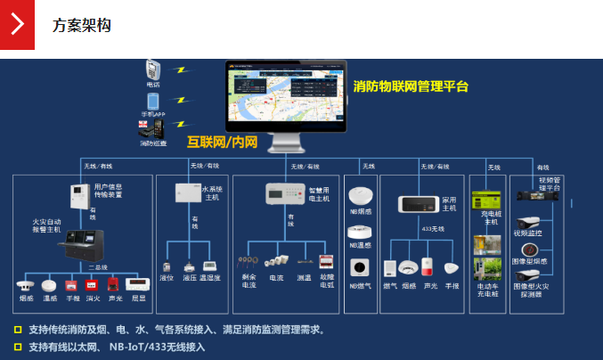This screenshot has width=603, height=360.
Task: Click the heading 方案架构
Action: pyautogui.click(x=81, y=25)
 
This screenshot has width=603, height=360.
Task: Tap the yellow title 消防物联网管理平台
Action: pyautogui.click(x=410, y=86)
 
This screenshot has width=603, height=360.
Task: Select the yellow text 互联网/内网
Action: pyautogui.click(x=222, y=142)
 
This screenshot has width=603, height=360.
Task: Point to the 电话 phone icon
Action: pyautogui.click(x=153, y=70)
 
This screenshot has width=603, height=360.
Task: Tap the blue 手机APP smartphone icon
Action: pyautogui.click(x=153, y=101)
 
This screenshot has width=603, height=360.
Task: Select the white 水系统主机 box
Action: pyautogui.click(x=187, y=193)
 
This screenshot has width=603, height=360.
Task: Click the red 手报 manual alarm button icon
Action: pyautogui.click(x=73, y=284)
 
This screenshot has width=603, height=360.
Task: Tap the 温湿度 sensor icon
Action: pyautogui.click(x=210, y=266)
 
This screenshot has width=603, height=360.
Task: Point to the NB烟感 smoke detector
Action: pyautogui.click(x=360, y=196)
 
